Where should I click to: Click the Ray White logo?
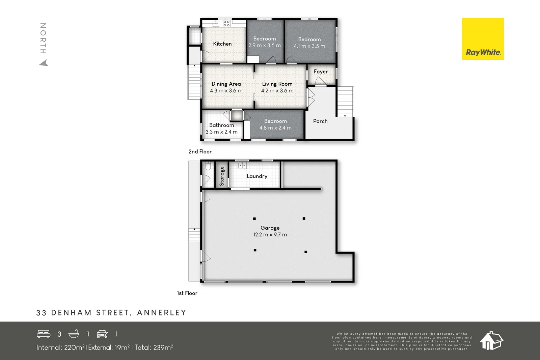click(x=483, y=39)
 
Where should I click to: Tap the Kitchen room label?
click(x=222, y=44)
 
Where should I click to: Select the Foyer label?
click(x=321, y=72)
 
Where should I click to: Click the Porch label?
click(x=320, y=121)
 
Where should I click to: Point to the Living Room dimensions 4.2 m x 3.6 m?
click(x=277, y=91)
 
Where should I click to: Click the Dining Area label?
click(x=226, y=84)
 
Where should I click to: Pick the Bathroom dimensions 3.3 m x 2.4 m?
click(x=221, y=132)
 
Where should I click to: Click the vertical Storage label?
click(x=222, y=176)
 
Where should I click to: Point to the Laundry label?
click(x=257, y=176)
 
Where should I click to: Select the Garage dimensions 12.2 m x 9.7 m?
click(x=270, y=235)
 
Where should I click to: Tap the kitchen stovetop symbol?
click(x=226, y=23)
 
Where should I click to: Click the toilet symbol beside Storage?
click(x=208, y=166)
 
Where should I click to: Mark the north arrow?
click(x=44, y=63)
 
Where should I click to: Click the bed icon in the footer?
click(x=44, y=334)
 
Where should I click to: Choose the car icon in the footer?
click(x=102, y=334)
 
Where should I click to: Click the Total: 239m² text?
click(x=154, y=348)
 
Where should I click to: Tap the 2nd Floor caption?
click(x=200, y=152)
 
